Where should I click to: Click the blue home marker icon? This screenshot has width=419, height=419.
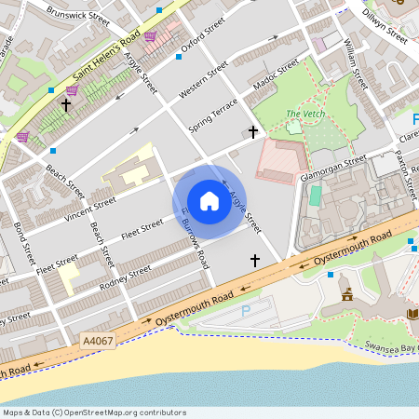tap(209, 201)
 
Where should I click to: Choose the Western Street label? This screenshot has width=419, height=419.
tap(202, 81)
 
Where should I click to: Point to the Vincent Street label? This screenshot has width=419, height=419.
tap(90, 203)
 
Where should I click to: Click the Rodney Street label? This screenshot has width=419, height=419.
tap(126, 277)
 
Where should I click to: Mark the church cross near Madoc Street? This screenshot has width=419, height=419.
tap(252, 132)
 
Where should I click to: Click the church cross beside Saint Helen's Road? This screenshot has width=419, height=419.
tap(65, 105)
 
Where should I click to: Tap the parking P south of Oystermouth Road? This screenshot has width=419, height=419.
tap(246, 312)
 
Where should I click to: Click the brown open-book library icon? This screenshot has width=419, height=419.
tap(413, 318)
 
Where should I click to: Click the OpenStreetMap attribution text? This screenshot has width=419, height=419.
tap(93, 412)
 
